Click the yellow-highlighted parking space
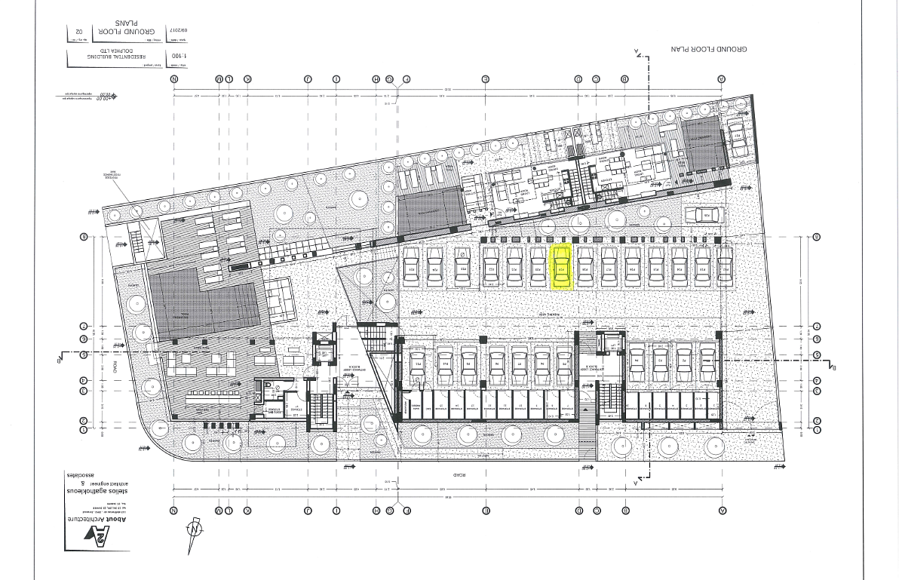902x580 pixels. (x=562, y=269)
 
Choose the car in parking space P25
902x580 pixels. (x=412, y=269)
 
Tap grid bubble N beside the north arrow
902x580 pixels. (x=174, y=511)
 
